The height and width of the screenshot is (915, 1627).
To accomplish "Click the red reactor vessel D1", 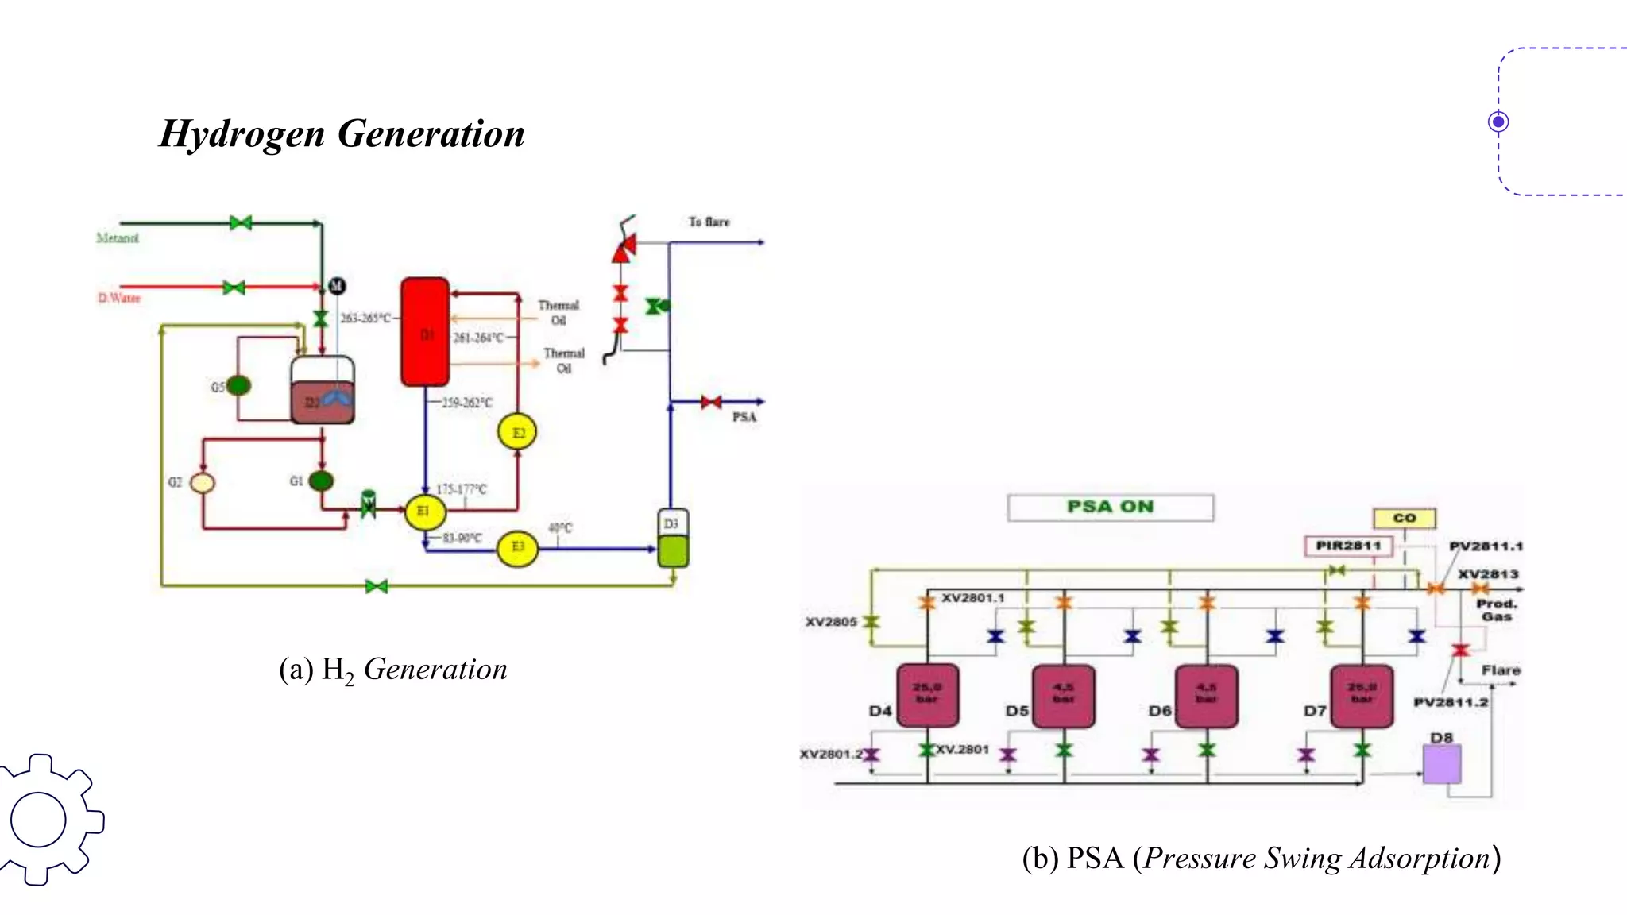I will point(425,332).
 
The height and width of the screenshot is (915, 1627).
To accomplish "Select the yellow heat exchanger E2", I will point(517,433).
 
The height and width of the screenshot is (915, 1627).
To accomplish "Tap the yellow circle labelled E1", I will point(424,512).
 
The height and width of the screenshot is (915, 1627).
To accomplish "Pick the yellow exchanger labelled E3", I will point(517,547).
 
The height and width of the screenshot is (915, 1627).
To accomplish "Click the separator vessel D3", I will point(673,539).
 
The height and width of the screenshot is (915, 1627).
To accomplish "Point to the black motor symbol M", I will point(337,286).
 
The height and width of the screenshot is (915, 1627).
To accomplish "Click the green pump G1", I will point(321,481).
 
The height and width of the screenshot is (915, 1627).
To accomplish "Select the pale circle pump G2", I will point(203,482).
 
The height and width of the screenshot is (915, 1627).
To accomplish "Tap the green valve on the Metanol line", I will point(241,223).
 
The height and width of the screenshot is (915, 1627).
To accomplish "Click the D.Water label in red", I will point(119,298).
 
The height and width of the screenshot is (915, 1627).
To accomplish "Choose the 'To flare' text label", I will point(709,222).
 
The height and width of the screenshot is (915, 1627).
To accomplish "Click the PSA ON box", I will point(1110,508).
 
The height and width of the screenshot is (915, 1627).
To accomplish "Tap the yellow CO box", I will point(1404,518).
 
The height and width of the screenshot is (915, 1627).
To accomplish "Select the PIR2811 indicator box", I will point(1348,546).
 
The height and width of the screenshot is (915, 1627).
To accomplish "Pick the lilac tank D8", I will point(1441,765).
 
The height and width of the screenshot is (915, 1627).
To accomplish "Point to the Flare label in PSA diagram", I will point(1500,670).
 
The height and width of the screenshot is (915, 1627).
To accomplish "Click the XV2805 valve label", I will point(831,622).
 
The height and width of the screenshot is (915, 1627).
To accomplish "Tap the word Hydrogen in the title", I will point(242,133).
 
